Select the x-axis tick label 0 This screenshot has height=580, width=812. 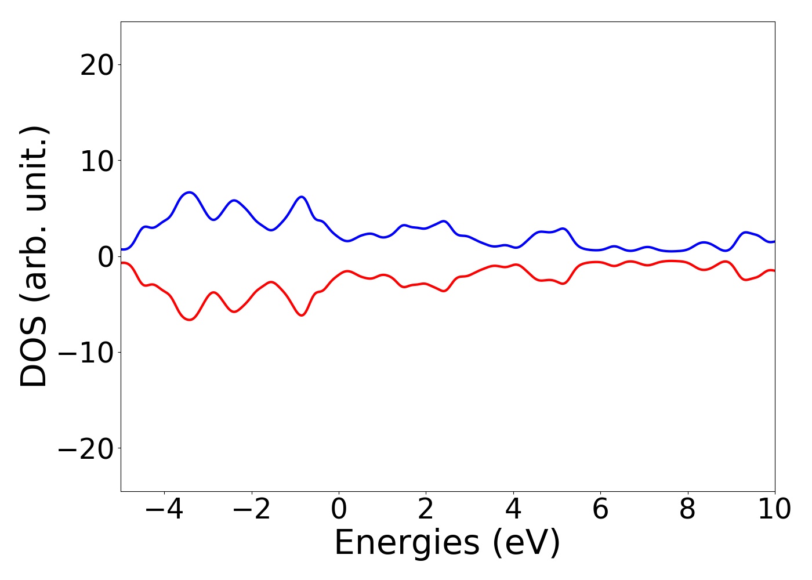[x=339, y=510]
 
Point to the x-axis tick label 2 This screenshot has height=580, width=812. [x=426, y=510]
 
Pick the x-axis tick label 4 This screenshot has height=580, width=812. [x=513, y=510]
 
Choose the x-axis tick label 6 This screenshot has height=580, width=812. [x=600, y=510]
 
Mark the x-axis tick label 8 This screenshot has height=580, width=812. [x=687, y=510]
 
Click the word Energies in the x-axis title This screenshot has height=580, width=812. [x=407, y=543]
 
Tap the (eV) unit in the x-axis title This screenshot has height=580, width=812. [x=527, y=543]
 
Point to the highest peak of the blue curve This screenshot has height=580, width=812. [x=189, y=192]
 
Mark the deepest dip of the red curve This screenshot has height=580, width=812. [x=189, y=320]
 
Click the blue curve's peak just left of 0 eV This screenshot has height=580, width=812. [x=302, y=197]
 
